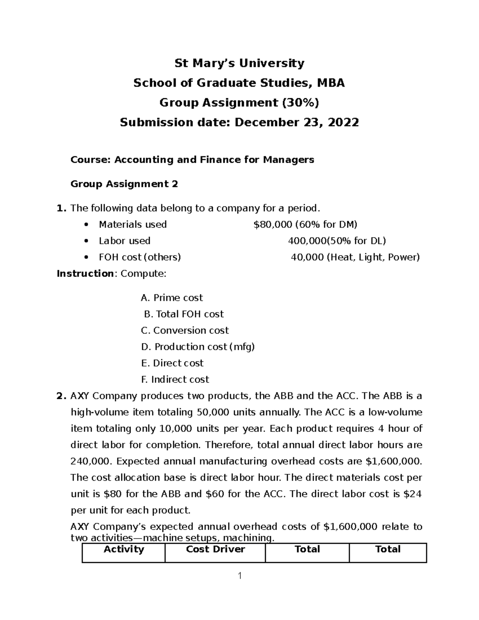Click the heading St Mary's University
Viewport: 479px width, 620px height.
click(239, 63)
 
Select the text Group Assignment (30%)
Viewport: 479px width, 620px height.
click(239, 103)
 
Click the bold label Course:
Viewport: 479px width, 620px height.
click(91, 160)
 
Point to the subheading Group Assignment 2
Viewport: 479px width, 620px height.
click(124, 184)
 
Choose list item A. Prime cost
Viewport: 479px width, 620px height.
click(172, 298)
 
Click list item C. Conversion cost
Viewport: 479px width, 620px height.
click(185, 331)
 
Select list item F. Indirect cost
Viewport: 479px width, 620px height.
click(175, 379)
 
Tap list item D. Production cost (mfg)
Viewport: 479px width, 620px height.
click(198, 347)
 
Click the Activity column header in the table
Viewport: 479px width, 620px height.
click(123, 550)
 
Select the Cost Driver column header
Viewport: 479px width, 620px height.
click(215, 550)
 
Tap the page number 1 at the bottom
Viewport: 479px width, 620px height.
click(239, 576)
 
